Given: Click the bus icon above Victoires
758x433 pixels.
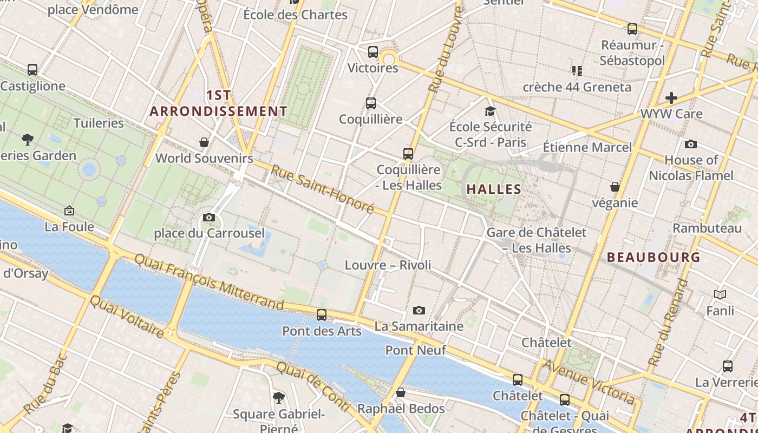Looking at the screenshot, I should (x=373, y=52).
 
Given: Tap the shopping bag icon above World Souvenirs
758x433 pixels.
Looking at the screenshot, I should (x=204, y=142).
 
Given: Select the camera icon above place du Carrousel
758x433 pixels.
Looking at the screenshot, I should (x=209, y=218).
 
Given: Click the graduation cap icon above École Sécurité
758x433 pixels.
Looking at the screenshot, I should (x=490, y=111).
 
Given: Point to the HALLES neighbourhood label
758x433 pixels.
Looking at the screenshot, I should (x=493, y=189).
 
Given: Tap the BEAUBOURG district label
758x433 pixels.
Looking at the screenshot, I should (x=654, y=257).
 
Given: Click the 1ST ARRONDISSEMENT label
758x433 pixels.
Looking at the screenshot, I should (x=219, y=103).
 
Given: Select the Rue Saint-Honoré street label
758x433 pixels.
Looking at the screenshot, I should (x=323, y=189).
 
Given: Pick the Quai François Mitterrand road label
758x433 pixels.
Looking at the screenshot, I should (x=208, y=283).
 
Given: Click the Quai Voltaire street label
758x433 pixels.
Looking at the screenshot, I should (x=127, y=316).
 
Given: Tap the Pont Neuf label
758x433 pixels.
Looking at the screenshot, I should (x=416, y=350).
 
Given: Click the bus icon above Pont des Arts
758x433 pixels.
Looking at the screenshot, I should (x=322, y=314).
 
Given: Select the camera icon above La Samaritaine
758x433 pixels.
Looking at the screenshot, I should (x=419, y=310).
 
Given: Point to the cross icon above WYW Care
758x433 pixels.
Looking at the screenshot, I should (x=671, y=98).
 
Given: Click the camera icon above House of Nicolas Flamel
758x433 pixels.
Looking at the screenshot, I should (x=691, y=144).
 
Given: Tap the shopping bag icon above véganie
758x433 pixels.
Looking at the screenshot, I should (x=615, y=187).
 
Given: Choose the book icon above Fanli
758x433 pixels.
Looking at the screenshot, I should (x=720, y=295).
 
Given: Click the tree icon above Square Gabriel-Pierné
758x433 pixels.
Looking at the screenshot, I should (x=279, y=398).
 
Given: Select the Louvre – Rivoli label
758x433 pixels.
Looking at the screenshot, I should (x=388, y=265).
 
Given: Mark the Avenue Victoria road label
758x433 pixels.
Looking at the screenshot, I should (x=589, y=382).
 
